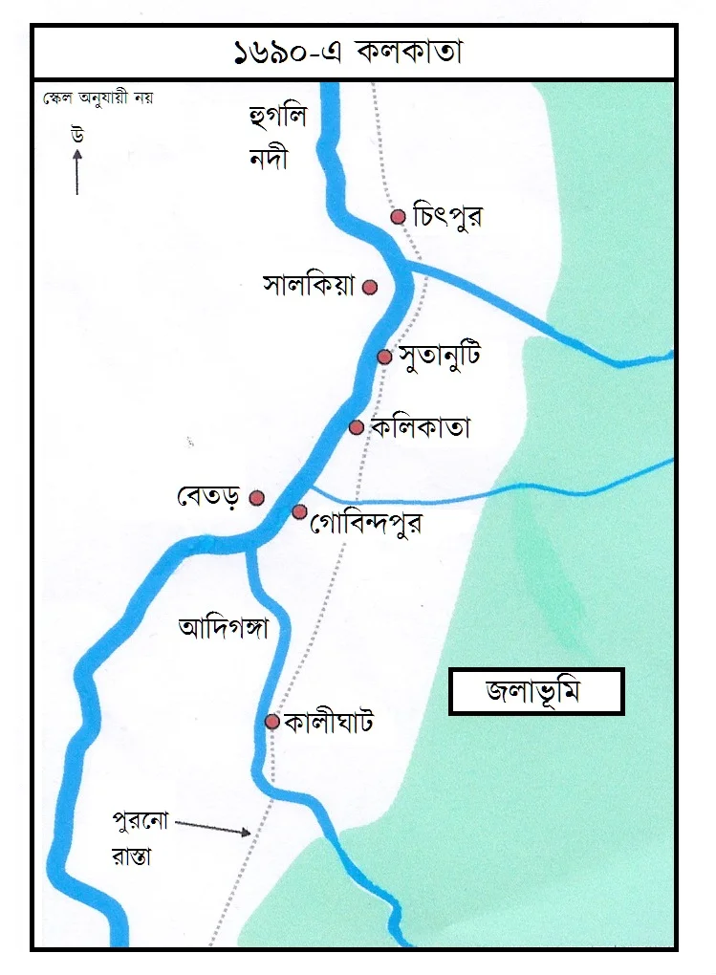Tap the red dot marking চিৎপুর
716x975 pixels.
point(399,217)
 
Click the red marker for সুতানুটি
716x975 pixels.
point(384,357)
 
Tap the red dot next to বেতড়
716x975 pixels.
point(256,497)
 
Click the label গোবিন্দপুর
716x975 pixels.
point(367,523)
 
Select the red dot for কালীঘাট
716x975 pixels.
point(272,722)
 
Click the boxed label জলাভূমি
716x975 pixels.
point(536,691)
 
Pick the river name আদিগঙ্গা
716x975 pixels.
point(222,628)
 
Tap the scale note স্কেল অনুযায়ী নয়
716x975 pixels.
point(97,97)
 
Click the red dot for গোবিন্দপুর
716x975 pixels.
point(299,512)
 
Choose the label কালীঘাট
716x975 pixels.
point(328,722)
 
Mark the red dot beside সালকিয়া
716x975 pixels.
point(370,287)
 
